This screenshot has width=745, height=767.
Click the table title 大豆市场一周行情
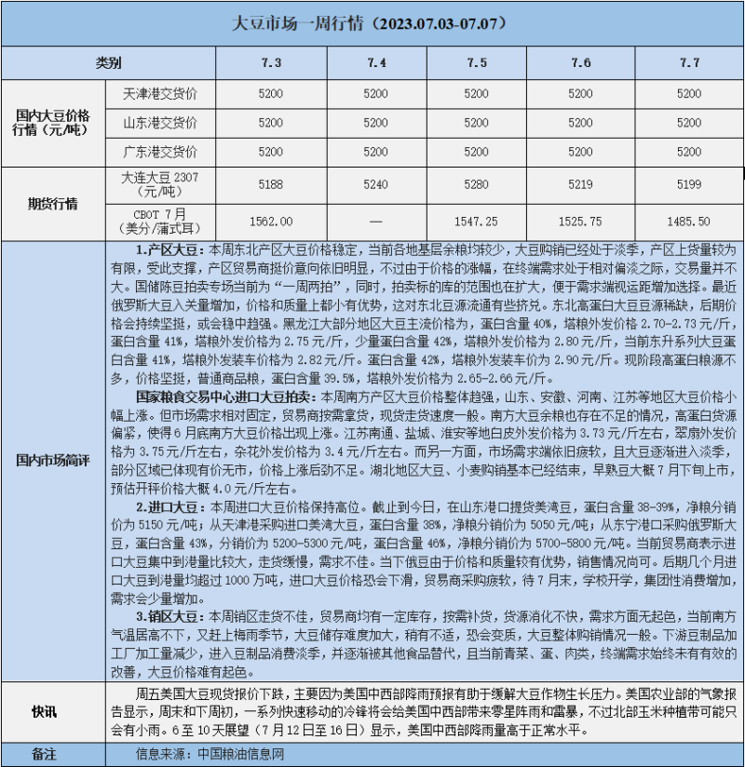pyautogui.click(x=372, y=22)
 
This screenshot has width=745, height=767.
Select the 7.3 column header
pyautogui.click(x=270, y=62)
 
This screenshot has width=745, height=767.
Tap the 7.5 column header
pyautogui.click(x=475, y=62)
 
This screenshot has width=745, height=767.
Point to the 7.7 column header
pyautogui.click(x=689, y=62)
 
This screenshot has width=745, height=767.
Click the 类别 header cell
pyautogui.click(x=108, y=62)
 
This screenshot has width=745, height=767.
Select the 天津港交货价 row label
pyautogui.click(x=160, y=94)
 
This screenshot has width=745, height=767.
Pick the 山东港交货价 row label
pyautogui.click(x=160, y=123)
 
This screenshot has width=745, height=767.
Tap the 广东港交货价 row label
pyautogui.click(x=160, y=151)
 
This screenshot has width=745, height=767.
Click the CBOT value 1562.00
pyautogui.click(x=270, y=222)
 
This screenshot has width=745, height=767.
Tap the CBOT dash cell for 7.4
pyautogui.click(x=375, y=222)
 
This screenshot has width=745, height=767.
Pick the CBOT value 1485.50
pyautogui.click(x=689, y=222)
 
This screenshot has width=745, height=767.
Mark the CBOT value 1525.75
pyautogui.click(x=580, y=222)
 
